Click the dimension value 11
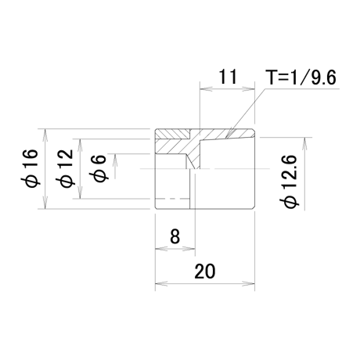coord(228,77)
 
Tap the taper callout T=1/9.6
coord(301,77)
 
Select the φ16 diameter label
coord(30,168)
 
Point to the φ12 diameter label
coord(64,168)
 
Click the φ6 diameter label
coord(98,168)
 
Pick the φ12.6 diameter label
coord(288,182)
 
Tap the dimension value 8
coord(175,236)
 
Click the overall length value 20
coord(205,271)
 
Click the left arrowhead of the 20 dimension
coord(161,283)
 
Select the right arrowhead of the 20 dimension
coord(249,283)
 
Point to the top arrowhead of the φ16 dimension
coord(45,135)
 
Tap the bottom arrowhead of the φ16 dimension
coord(45,203)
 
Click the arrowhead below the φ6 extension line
coord(115,160)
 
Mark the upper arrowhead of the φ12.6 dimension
coord(304,143)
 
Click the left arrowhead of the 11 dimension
coord(206,89)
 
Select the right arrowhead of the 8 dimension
coord(189,249)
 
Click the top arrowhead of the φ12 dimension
coord(81,145)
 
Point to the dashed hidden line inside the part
coord(172,199)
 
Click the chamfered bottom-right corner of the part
coord(254,207)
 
